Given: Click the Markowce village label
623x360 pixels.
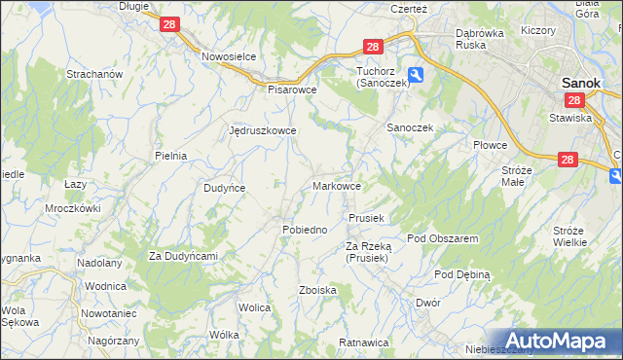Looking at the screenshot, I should (x=338, y=185).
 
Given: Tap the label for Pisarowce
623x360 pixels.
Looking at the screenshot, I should (x=293, y=89).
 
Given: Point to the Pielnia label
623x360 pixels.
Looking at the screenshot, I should (x=170, y=155).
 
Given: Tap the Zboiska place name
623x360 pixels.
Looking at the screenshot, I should (x=318, y=290).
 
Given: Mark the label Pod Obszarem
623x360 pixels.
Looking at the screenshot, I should (x=442, y=238).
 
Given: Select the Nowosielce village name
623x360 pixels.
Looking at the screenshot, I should (x=229, y=56).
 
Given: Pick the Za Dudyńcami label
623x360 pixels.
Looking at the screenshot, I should (x=182, y=256).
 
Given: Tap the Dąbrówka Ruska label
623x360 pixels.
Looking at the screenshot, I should (x=485, y=38).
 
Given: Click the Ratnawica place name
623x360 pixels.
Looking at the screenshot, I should (x=364, y=342).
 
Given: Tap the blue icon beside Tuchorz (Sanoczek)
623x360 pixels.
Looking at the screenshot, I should (x=416, y=74).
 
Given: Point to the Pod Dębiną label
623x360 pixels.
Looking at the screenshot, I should (x=462, y=274).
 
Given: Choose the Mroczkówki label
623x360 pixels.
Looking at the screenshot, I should (x=73, y=208).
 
